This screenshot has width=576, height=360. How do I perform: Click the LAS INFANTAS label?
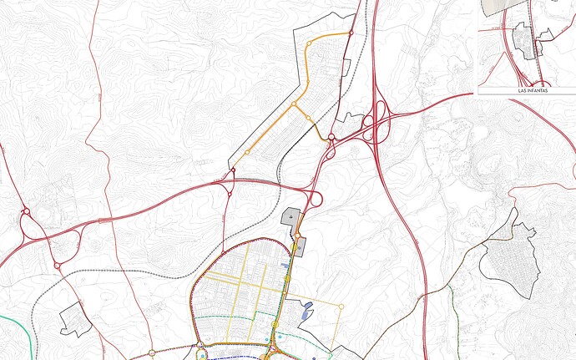click(527, 89)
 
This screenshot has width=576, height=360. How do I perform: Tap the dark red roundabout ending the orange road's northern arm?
click(351, 33)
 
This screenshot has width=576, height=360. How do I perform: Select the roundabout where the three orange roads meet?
click(294, 104)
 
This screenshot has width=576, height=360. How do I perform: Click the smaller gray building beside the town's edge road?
click(300, 245)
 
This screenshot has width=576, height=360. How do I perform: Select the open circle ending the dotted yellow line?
click(341, 307)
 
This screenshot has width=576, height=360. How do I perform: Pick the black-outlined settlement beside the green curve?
click(73, 318)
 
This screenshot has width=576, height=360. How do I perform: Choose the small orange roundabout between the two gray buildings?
click(297, 236)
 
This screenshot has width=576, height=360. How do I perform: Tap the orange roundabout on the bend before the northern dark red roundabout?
click(309, 42)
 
